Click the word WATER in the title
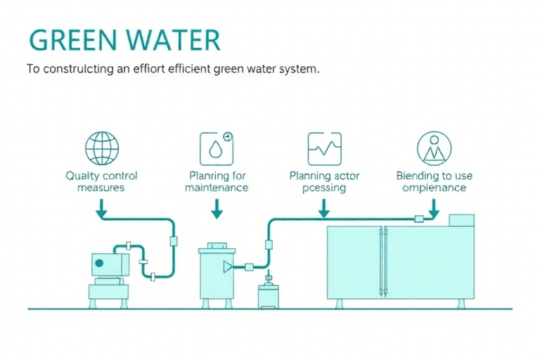[x=174, y=40]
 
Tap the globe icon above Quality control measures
[x=102, y=148]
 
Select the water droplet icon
[x=215, y=148]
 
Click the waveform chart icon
[x=324, y=148]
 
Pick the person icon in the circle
[x=434, y=148]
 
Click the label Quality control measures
[x=101, y=181]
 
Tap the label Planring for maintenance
[x=217, y=181]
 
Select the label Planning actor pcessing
[x=324, y=181]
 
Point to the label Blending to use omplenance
[x=434, y=181]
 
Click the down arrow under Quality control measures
[x=102, y=207]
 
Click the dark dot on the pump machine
[x=99, y=264]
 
